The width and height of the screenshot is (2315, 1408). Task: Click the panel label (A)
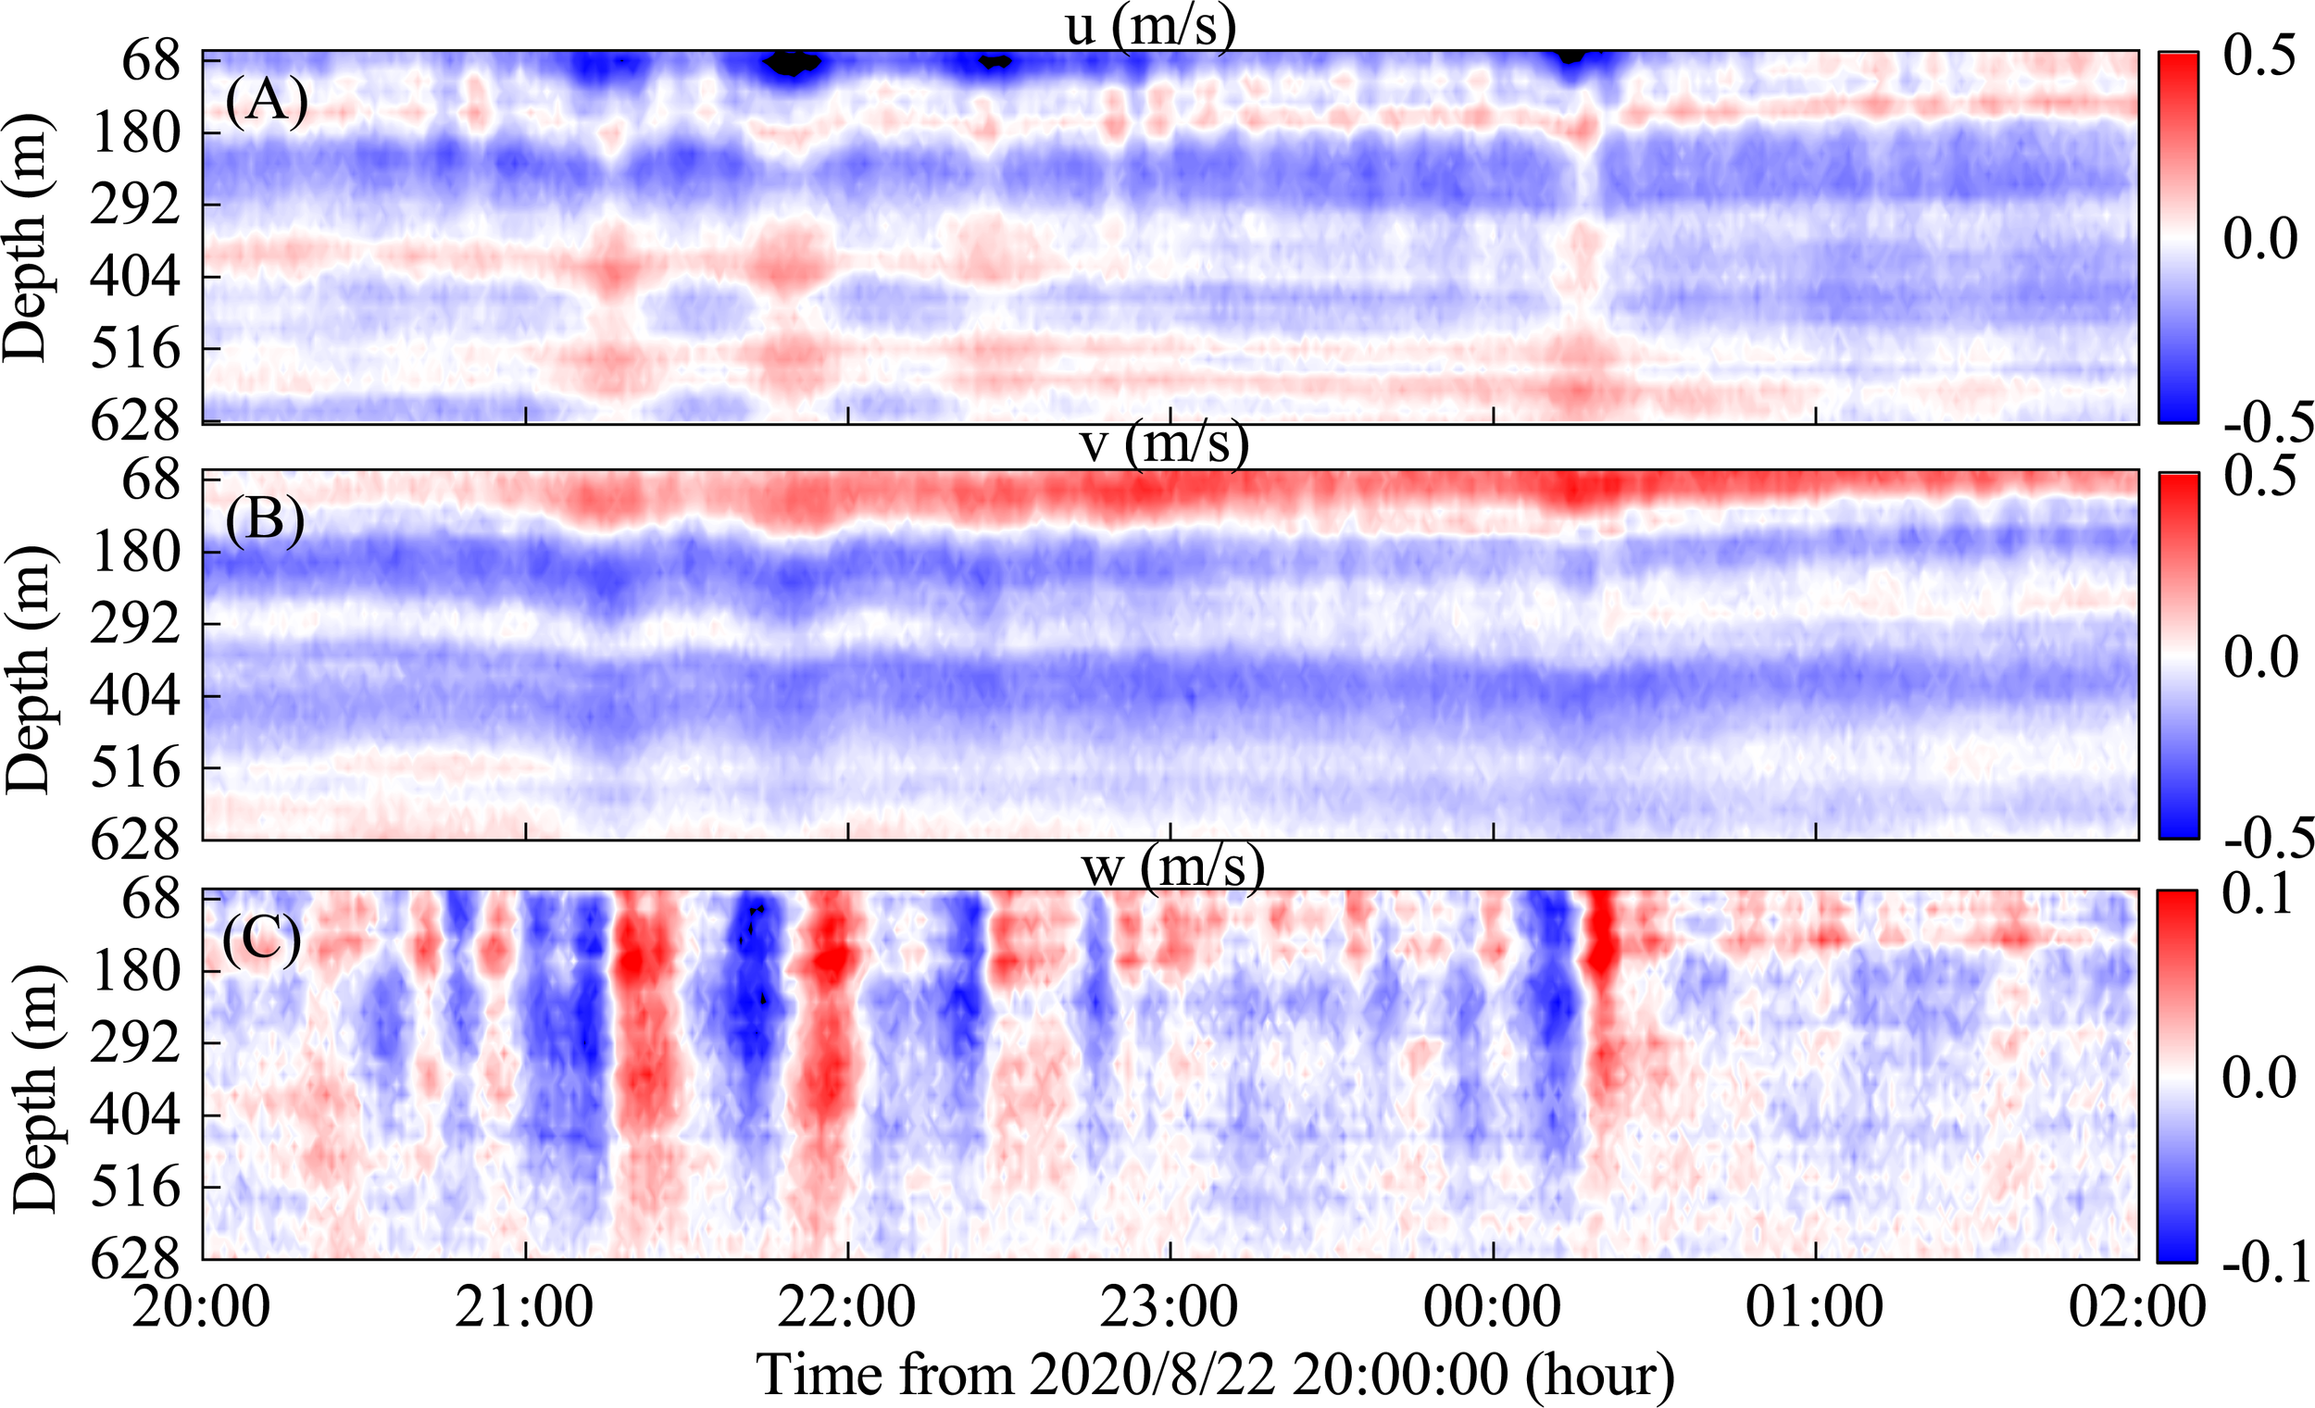(266, 102)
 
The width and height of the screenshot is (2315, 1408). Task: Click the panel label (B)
(265, 519)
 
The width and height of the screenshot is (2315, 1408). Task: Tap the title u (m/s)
(1150, 25)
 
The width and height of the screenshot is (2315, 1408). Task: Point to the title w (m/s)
(1172, 867)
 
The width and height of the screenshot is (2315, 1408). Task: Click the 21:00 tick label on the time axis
(524, 1305)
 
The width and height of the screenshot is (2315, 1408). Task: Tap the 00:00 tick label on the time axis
(1492, 1305)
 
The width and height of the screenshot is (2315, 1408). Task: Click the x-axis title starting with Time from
(1216, 1375)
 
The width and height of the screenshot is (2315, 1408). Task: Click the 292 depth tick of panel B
(135, 624)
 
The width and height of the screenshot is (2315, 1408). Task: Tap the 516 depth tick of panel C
(135, 1188)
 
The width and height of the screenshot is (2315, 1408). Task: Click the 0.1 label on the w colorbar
(2257, 896)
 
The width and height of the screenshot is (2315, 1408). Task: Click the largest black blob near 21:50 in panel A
(791, 64)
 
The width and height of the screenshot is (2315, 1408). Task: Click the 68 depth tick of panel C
(150, 900)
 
